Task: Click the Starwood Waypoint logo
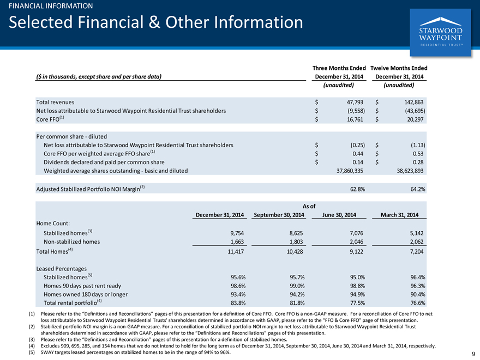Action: [440, 32]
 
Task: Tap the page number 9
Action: [473, 353]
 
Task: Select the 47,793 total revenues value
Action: [355, 102]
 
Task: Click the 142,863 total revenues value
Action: [414, 102]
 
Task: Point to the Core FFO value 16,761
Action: [355, 119]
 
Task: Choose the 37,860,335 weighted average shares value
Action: [350, 171]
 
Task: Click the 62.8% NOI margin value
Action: [357, 189]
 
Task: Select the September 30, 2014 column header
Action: [279, 215]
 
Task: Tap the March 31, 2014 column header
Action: [399, 215]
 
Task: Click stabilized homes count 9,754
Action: [237, 233]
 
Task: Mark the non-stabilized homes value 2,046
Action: [356, 242]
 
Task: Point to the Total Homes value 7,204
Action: [417, 251]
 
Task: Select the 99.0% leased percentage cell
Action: [297, 286]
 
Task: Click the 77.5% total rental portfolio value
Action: [357, 303]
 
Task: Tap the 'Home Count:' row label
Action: [53, 224]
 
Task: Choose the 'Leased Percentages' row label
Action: [62, 269]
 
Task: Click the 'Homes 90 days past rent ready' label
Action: [82, 286]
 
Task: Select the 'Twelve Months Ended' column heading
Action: [399, 68]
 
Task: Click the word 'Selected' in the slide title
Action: [41, 22]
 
